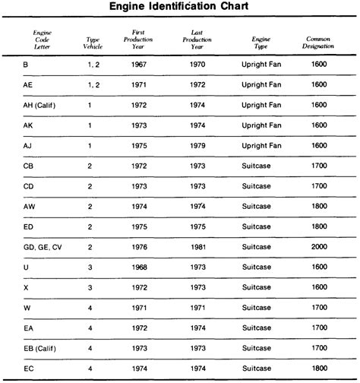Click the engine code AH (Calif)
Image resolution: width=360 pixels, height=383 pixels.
point(44,104)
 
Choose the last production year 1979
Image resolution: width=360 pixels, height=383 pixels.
point(197,144)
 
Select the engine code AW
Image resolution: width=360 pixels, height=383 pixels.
point(30,206)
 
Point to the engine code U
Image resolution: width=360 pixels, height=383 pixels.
point(27,267)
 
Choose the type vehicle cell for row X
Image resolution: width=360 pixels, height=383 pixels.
point(90,288)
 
